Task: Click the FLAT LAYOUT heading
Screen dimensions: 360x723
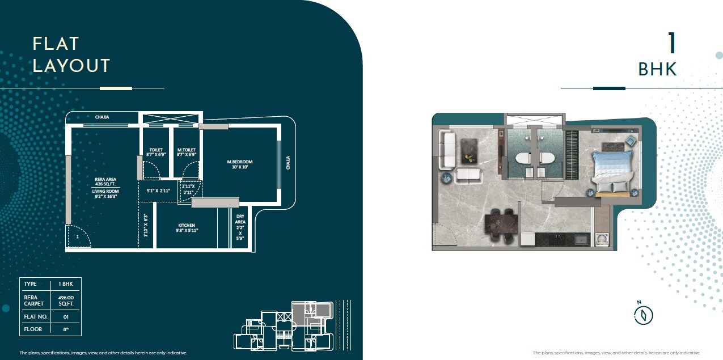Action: (x=71, y=54)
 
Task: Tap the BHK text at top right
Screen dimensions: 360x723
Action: (x=657, y=69)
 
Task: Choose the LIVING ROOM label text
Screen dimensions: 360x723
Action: (x=105, y=192)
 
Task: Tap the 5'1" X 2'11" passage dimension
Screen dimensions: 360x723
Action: (x=158, y=190)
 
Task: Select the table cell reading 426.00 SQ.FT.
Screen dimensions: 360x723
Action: (x=66, y=300)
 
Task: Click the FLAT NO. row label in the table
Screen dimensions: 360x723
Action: (x=35, y=316)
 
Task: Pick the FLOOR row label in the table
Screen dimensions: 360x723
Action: (x=33, y=329)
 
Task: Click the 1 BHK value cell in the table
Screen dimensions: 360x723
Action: (x=66, y=283)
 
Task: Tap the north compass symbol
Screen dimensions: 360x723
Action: (x=644, y=315)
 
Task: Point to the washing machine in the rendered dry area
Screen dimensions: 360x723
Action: (x=601, y=240)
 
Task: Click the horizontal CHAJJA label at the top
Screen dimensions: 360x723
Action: (x=102, y=117)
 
